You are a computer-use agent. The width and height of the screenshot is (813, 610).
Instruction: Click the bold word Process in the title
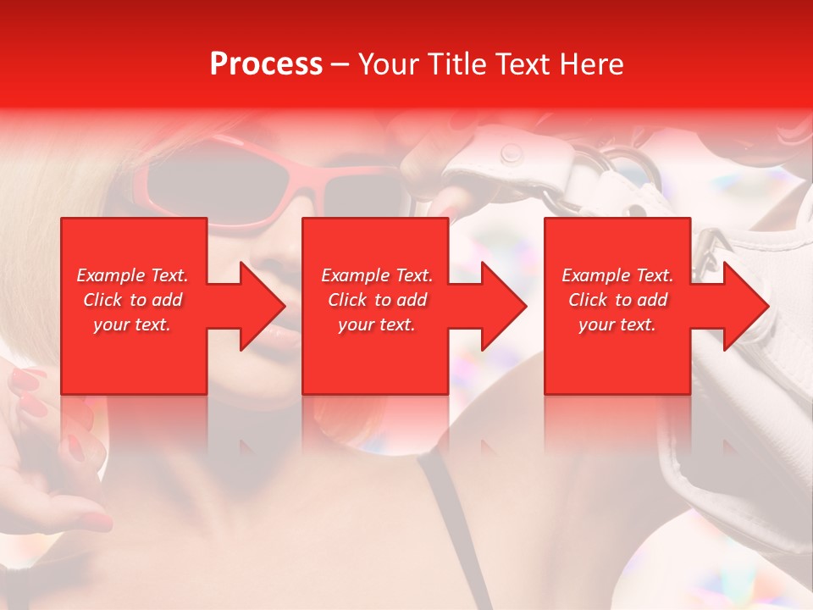click(266, 64)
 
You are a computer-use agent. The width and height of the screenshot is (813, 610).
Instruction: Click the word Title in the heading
click(457, 64)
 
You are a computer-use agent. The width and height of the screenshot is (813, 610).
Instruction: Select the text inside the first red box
click(132, 300)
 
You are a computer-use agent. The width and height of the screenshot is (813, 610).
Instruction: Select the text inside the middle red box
click(377, 300)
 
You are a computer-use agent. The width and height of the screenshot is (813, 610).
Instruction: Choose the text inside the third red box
click(617, 300)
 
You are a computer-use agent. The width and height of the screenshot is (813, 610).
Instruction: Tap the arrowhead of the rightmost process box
click(744, 306)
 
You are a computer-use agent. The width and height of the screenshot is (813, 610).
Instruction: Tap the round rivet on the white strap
click(511, 153)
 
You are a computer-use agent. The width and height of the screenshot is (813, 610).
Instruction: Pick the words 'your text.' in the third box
click(617, 324)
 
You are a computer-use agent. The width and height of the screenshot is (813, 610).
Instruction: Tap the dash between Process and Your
click(340, 64)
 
